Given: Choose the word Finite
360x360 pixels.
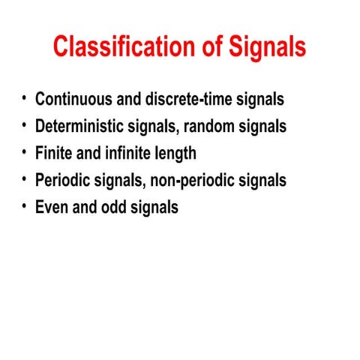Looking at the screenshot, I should tap(53, 153).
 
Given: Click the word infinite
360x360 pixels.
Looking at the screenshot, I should tap(127, 153).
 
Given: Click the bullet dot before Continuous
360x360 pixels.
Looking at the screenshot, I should tap(24, 98).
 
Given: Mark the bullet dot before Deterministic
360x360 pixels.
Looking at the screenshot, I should tap(24, 125).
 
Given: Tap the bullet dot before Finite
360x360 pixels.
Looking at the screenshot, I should tap(24, 152).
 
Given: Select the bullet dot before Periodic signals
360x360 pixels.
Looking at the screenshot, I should tap(24, 179).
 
